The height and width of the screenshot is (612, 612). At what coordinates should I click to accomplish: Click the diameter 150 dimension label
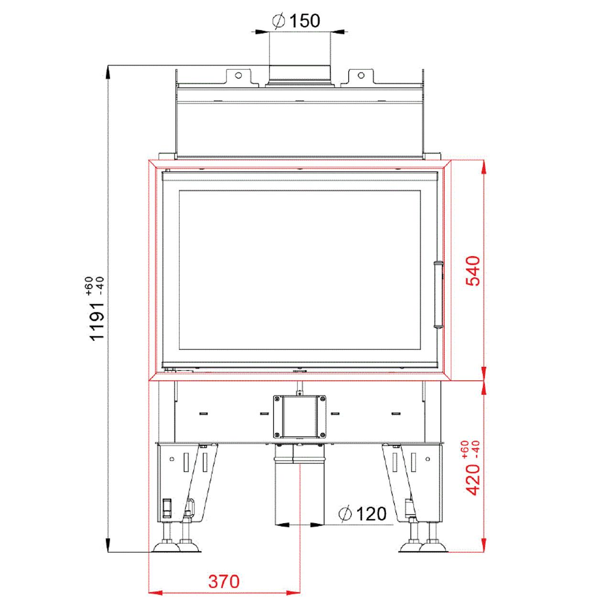(296, 21)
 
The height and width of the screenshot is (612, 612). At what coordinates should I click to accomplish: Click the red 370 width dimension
(224, 581)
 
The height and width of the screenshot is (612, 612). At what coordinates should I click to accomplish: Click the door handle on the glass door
(438, 294)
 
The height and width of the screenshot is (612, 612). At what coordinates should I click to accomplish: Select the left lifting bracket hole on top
(239, 75)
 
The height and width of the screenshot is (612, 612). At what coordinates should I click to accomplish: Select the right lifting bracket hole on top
(361, 75)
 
